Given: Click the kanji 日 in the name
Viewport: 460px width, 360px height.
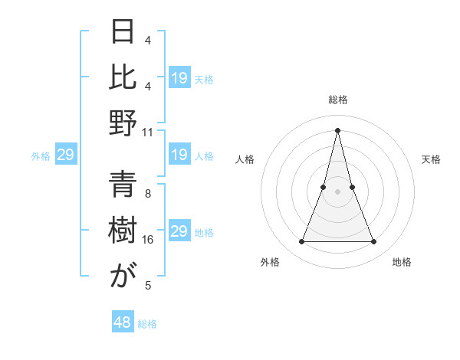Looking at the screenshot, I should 123,32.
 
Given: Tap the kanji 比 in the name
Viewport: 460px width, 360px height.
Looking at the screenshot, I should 123,77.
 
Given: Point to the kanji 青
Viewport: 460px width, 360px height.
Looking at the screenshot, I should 123,183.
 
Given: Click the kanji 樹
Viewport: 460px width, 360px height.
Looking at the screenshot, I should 123,230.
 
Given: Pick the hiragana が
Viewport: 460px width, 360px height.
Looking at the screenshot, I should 123,275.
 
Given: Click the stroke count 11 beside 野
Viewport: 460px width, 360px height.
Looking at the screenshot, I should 148,132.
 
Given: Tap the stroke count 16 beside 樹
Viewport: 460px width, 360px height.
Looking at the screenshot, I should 148,240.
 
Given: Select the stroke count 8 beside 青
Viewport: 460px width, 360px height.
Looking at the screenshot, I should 148,194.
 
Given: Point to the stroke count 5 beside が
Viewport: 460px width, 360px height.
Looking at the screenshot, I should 148,286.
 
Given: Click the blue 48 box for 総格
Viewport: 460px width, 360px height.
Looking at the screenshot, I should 123,322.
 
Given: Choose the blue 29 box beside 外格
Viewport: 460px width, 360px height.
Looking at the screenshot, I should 65,155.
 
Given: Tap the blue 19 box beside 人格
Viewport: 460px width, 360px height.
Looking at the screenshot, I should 179,155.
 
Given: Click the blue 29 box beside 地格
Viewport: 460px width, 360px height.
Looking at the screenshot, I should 179,231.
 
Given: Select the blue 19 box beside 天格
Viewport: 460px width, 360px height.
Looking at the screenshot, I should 179,78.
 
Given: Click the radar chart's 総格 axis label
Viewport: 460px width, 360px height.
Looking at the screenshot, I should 337,100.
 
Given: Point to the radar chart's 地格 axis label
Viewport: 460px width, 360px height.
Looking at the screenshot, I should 402,262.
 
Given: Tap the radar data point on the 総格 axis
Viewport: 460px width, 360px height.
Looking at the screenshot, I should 337,130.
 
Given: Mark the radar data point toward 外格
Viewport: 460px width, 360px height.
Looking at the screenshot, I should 301,242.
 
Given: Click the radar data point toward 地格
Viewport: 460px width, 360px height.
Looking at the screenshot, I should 374,242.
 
